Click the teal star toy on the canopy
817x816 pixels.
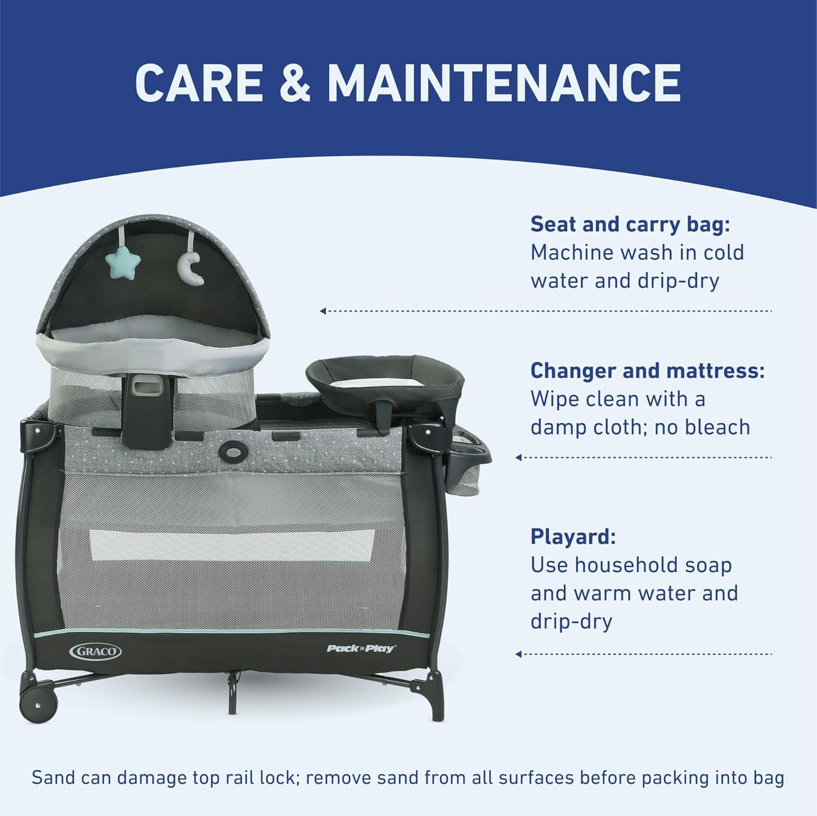coord(123,262)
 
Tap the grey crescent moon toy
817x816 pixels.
coord(191,268)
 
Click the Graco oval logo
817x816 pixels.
coord(95,651)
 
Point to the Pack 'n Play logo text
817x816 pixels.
coord(361,648)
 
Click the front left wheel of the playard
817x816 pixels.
coord(38,704)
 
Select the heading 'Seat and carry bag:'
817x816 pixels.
coord(630,224)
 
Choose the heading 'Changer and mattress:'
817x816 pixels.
coord(647,371)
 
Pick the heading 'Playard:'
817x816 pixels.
coord(573,536)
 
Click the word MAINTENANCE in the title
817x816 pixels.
coord(504,83)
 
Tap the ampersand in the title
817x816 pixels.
coord(295,83)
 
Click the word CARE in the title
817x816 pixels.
coord(199,83)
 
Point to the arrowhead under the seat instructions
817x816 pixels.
coord(323,311)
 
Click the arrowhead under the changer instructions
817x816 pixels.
coord(518,457)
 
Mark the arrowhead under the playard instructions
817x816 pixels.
coord(518,654)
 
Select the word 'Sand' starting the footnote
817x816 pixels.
coord(53,778)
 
